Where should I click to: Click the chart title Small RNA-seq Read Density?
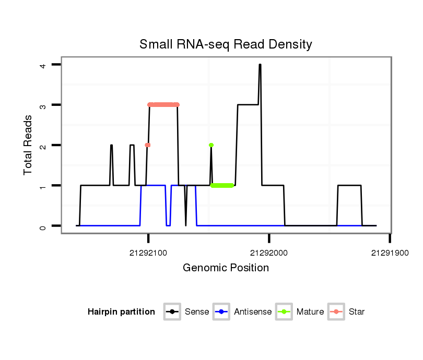[226, 44]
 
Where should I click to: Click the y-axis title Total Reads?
[28, 145]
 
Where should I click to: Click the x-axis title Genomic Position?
[226, 268]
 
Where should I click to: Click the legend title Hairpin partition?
[121, 312]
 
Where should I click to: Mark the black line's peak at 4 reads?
[260, 65]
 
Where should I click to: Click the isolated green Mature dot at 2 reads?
[211, 145]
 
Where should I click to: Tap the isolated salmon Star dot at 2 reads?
[148, 145]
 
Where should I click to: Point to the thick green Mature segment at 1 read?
[222, 185]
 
